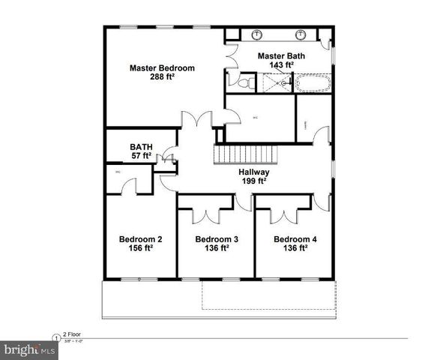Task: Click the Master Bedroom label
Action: click(x=162, y=68)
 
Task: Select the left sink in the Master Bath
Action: click(x=257, y=34)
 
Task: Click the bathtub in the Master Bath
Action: click(x=313, y=82)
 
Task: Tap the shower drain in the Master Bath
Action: click(x=283, y=84)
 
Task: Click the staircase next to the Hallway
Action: click(x=246, y=155)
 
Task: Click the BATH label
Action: click(x=141, y=147)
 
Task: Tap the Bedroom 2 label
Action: click(x=141, y=240)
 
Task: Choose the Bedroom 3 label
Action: click(x=217, y=240)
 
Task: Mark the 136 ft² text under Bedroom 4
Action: click(x=295, y=249)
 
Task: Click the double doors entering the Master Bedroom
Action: click(x=199, y=120)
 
